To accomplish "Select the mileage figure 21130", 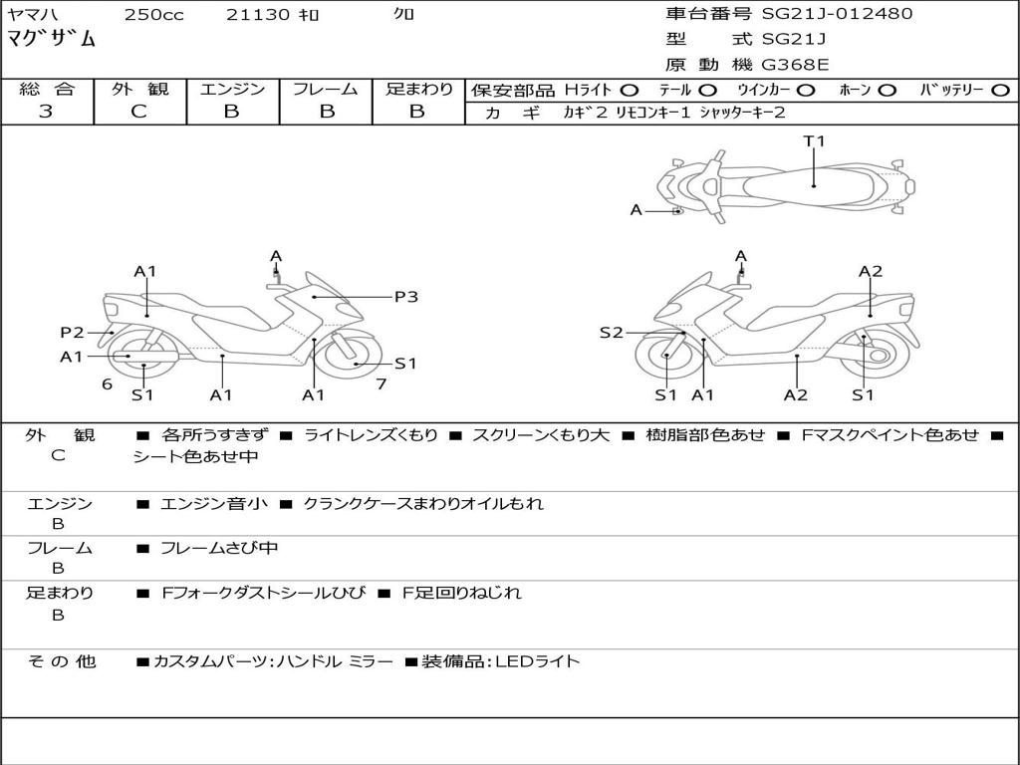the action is coord(258,15).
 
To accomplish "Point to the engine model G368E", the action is coord(795,66).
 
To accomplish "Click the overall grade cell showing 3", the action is coord(46,112).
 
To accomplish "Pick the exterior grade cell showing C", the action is coord(138,112).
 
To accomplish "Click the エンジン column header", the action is coord(232,90).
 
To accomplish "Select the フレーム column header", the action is coord(326,90).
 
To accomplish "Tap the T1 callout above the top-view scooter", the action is coord(815,141).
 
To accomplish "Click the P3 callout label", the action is coord(405,297).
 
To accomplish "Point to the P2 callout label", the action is coord(72,333).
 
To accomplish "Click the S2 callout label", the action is coord(611,333).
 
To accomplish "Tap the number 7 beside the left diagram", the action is coord(381,383).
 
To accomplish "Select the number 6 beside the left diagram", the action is coord(107,383).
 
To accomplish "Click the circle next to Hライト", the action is coord(630,91).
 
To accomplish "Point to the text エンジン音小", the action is coord(214,504).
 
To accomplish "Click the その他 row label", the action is coord(62,661).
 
